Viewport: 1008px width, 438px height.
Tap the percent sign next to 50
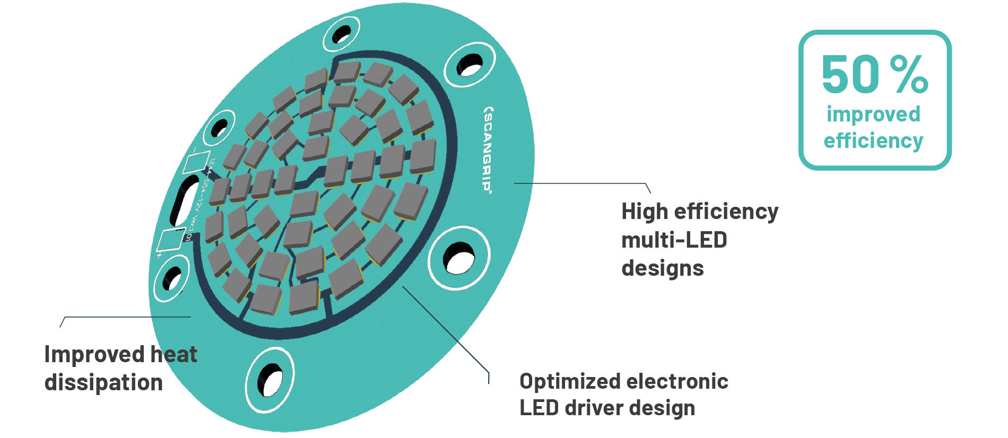coord(909,75)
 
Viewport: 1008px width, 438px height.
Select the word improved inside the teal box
coord(873,115)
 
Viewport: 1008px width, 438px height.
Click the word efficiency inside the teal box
coord(873,141)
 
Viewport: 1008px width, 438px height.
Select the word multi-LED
coord(674,240)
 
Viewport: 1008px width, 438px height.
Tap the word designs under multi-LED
coord(662,268)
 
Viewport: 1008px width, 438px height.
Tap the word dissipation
coord(103,382)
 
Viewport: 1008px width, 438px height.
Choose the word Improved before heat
coord(94,354)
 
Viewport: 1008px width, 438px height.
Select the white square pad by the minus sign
coord(193,161)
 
